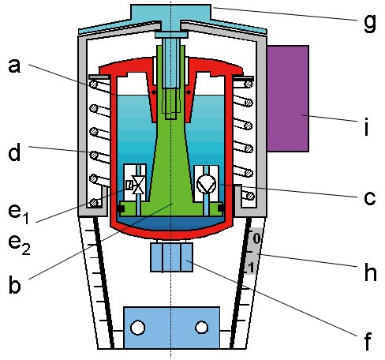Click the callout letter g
[370, 23]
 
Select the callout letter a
[14, 66]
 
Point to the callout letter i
[367, 127]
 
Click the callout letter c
[370, 198]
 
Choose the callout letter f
[368, 340]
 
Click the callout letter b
[14, 283]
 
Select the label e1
[18, 214]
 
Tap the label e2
[19, 245]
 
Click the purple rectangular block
[288, 99]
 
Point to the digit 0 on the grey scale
[256, 239]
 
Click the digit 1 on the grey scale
[251, 268]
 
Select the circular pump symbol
[207, 184]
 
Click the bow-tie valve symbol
[138, 186]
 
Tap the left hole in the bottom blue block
[137, 328]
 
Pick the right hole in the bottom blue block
[202, 328]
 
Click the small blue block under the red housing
[171, 257]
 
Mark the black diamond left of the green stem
[154, 92]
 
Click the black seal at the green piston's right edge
[222, 208]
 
